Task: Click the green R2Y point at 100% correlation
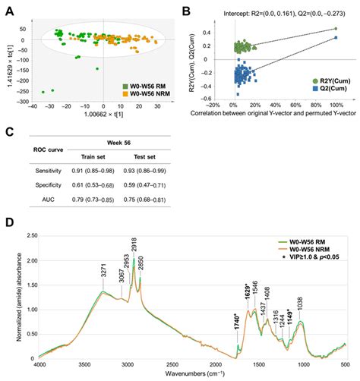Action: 335,29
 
